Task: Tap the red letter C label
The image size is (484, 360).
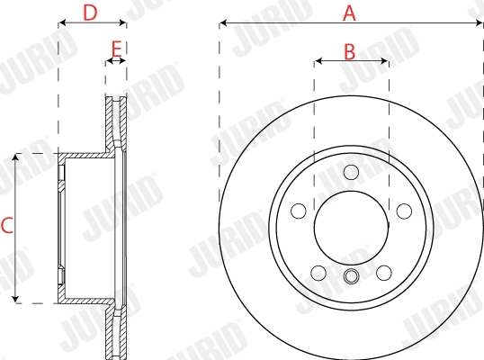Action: coord(7,227)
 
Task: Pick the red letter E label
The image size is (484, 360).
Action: coord(115,48)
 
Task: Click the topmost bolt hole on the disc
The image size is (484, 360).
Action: coord(351,172)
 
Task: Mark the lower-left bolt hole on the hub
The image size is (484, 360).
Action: coord(318,273)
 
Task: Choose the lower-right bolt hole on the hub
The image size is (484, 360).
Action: coord(384,273)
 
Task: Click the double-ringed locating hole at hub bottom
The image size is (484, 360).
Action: coord(351,277)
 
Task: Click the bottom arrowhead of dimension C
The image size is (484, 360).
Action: coord(16,299)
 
